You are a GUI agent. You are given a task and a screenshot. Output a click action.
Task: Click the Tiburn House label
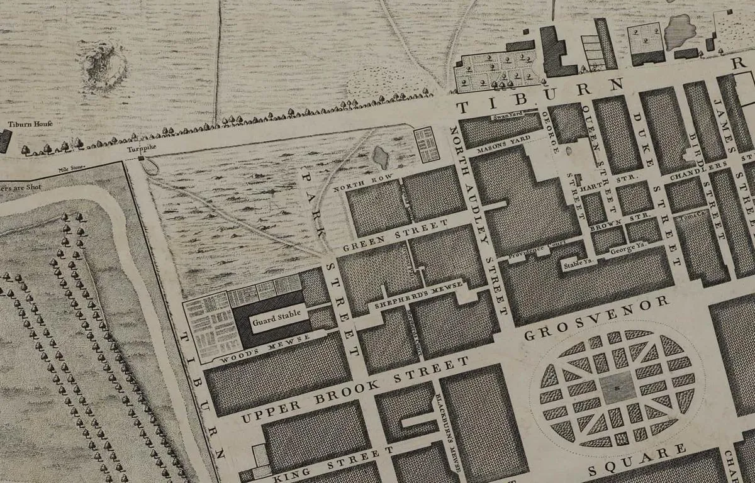click(30, 123)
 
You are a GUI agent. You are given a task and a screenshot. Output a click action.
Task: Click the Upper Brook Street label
click(355, 390)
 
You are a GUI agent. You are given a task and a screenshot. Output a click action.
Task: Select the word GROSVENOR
click(596, 316)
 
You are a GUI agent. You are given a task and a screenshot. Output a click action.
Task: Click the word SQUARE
click(636, 460)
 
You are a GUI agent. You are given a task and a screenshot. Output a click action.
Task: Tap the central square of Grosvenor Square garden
click(618, 387)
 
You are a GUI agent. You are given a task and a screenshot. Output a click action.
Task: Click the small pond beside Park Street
click(381, 157)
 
